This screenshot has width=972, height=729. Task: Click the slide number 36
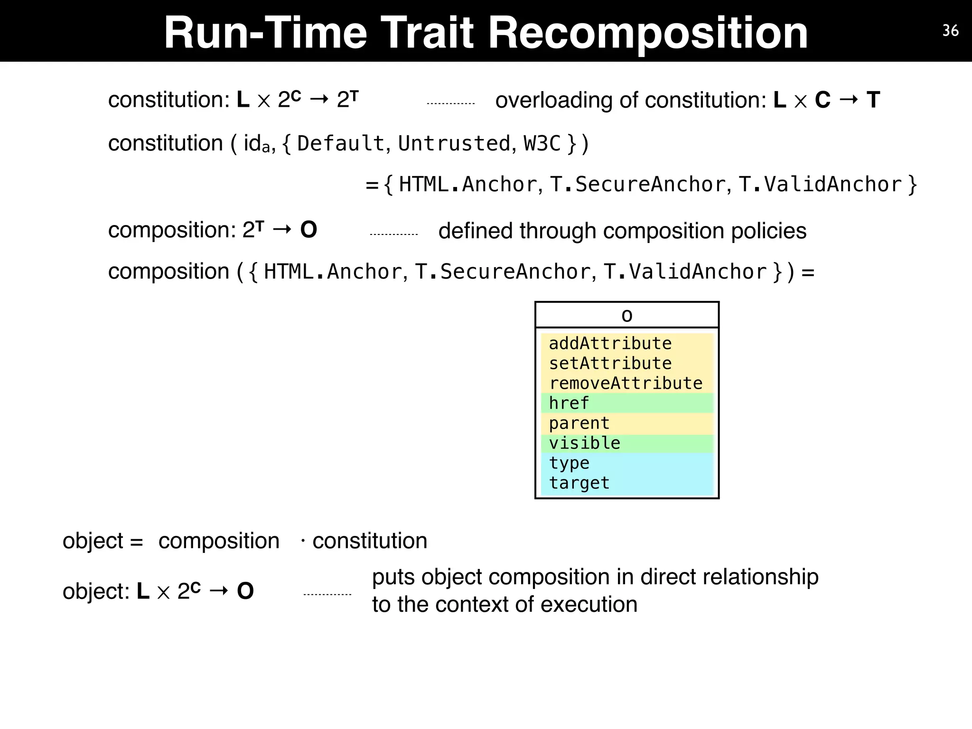pos(950,31)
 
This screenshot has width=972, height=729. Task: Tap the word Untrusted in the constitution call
pos(454,143)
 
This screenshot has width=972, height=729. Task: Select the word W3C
pos(542,143)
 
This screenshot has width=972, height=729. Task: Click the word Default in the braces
pos(340,143)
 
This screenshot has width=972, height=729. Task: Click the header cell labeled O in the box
pos(626,316)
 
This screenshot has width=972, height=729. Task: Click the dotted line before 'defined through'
pos(393,234)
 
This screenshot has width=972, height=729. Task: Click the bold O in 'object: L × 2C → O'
pos(245,591)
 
